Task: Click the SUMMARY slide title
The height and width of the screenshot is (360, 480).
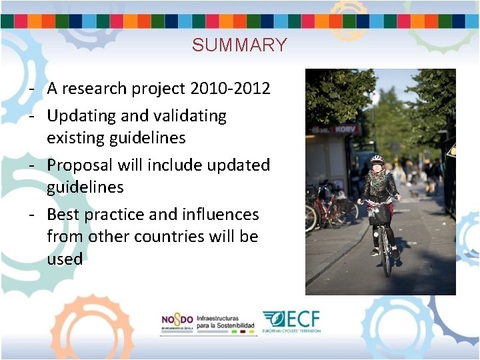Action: tap(239, 45)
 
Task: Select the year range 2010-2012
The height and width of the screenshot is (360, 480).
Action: tap(230, 89)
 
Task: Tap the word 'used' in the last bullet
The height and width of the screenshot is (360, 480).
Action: tap(65, 259)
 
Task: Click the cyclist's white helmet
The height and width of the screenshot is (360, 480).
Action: tap(377, 160)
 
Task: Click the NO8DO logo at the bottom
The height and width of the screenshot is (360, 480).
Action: tap(177, 321)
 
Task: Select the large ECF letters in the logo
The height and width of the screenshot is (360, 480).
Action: tap(303, 318)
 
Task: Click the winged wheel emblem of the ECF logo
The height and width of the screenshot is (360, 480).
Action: tap(273, 319)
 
